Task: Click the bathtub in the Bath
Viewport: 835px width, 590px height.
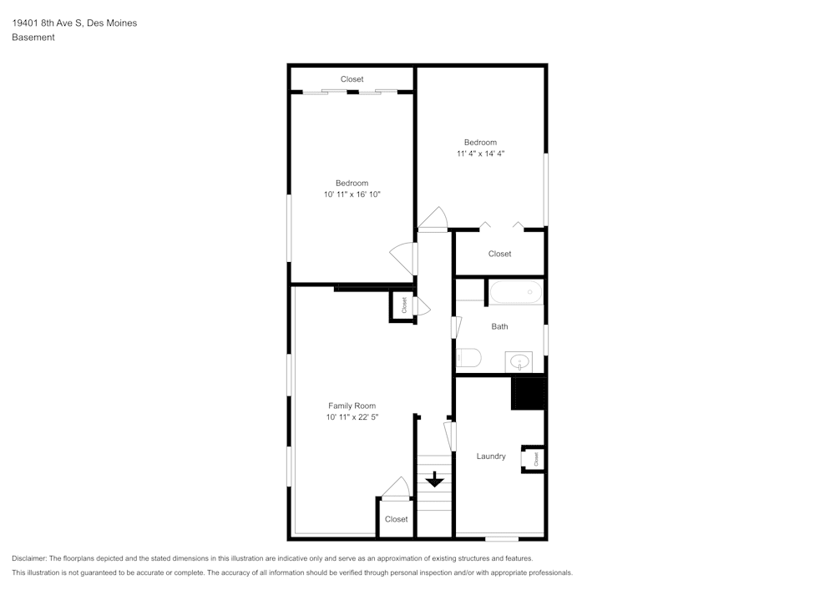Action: [x=516, y=293]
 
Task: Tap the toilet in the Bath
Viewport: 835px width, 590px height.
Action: [x=468, y=358]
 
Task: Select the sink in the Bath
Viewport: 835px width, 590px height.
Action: [x=520, y=361]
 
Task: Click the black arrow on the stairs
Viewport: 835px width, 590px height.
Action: [x=434, y=480]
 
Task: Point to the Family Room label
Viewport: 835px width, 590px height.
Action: [x=352, y=406]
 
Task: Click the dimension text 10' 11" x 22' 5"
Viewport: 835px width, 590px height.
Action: [x=352, y=417]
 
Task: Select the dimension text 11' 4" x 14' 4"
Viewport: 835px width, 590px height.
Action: [x=480, y=154]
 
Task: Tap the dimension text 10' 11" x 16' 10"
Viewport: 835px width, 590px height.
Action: [x=352, y=194]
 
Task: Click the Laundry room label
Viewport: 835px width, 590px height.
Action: [x=491, y=456]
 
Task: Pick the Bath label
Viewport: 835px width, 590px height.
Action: [x=499, y=326]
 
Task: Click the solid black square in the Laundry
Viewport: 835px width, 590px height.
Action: [x=528, y=393]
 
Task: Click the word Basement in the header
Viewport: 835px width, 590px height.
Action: [x=33, y=38]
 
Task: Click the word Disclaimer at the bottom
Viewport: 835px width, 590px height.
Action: [x=29, y=558]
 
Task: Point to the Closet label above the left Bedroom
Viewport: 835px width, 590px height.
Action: [x=352, y=79]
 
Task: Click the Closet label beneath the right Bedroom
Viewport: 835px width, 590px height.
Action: [x=499, y=254]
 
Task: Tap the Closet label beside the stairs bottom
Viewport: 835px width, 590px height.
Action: [x=396, y=519]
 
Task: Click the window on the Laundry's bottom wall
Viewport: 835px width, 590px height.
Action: [x=501, y=538]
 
